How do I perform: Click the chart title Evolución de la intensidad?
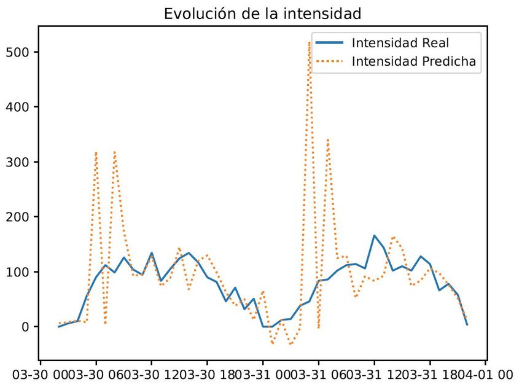click(263, 14)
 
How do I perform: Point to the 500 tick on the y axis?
click(23, 52)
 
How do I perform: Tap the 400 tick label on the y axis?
click(23, 107)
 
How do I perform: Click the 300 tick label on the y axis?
click(23, 162)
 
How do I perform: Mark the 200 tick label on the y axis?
click(23, 217)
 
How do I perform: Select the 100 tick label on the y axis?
click(23, 272)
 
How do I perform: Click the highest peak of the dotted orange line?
click(309, 42)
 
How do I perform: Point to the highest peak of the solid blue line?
click(374, 235)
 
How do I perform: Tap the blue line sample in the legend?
click(329, 43)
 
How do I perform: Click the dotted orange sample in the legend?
click(329, 61)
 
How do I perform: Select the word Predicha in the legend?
click(447, 61)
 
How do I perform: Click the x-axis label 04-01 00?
click(485, 375)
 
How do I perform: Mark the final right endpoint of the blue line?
click(467, 324)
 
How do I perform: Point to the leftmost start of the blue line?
click(59, 327)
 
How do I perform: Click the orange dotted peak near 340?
click(328, 139)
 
